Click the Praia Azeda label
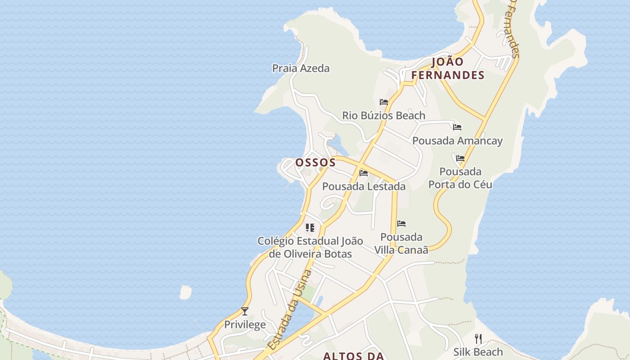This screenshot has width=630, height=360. click(301, 68)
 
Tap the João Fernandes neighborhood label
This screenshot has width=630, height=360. click(448, 68)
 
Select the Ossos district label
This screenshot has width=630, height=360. click(315, 162)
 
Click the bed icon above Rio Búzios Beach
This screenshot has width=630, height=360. click(384, 102)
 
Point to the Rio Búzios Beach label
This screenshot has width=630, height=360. click(383, 116)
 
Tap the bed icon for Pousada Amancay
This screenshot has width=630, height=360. click(457, 127)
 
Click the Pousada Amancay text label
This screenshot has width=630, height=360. click(457, 141)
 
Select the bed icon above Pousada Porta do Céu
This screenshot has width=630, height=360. click(460, 158)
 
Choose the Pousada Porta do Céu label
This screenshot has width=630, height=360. click(460, 178)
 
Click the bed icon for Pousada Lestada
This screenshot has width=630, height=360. click(364, 173)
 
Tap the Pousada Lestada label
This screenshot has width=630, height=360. click(364, 186)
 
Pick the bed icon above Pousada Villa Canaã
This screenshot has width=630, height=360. click(401, 224)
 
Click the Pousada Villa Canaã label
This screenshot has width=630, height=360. click(401, 243)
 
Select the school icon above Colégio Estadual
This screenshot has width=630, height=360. click(310, 228)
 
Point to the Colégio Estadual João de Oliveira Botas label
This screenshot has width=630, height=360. click(310, 247)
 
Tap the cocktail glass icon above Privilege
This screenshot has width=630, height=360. click(245, 311)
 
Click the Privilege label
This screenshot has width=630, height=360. click(245, 325)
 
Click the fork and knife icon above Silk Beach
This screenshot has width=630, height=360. click(478, 339)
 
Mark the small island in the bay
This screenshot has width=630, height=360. click(185, 292)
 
